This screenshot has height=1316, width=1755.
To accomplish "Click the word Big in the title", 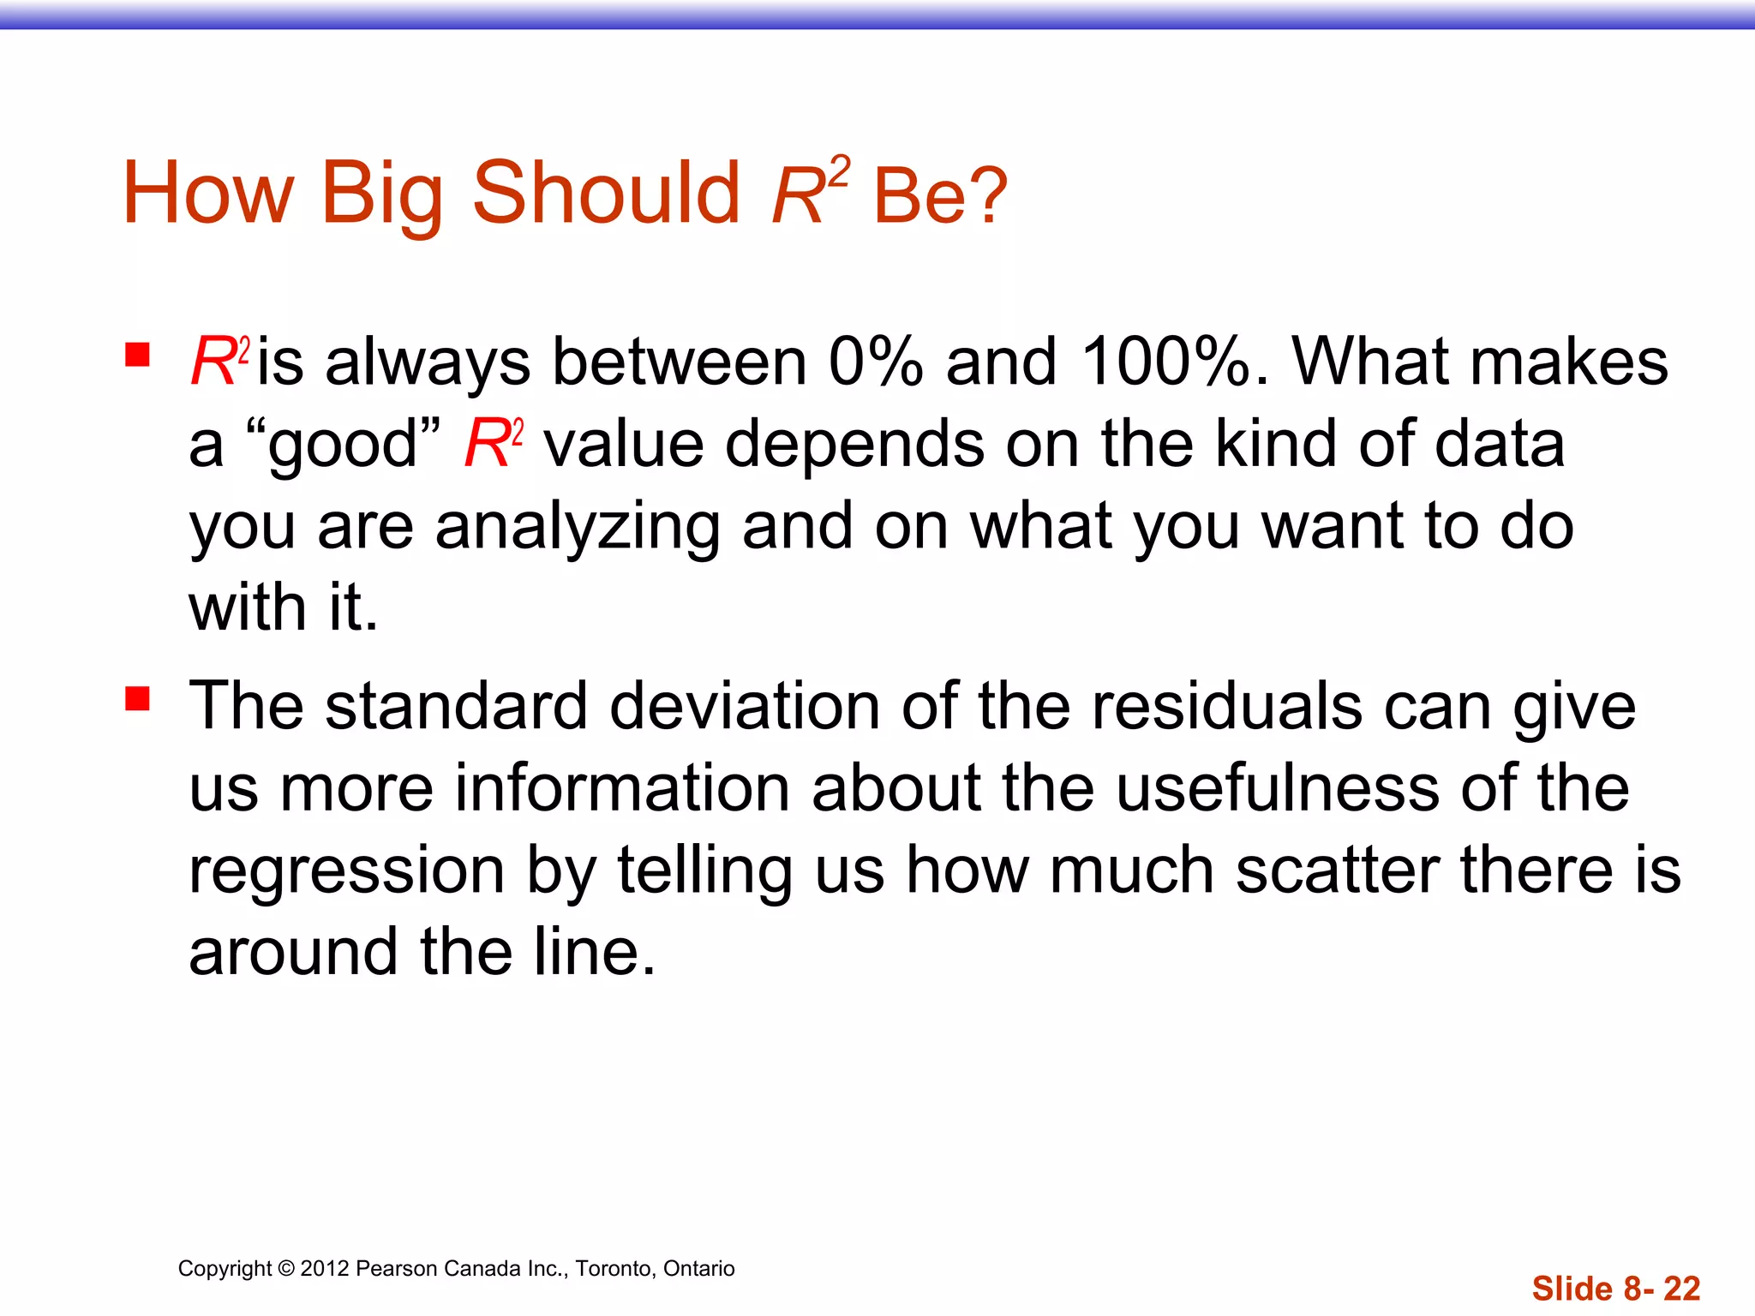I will click(x=381, y=194).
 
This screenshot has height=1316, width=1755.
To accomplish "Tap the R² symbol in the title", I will click(x=809, y=192).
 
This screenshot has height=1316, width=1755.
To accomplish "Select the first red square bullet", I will click(x=137, y=354).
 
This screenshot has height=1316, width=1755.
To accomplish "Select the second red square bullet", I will click(x=137, y=698).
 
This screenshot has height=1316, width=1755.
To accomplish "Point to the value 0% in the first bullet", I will click(x=875, y=362).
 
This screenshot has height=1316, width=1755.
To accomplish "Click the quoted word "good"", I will click(x=342, y=446).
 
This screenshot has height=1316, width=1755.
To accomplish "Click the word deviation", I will click(x=744, y=707).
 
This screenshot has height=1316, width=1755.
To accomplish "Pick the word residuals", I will click(x=1226, y=707).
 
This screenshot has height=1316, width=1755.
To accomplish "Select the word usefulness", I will click(x=1278, y=788).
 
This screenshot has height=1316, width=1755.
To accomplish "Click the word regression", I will click(x=347, y=871).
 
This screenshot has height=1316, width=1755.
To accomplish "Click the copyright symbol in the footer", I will click(x=286, y=1269).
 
